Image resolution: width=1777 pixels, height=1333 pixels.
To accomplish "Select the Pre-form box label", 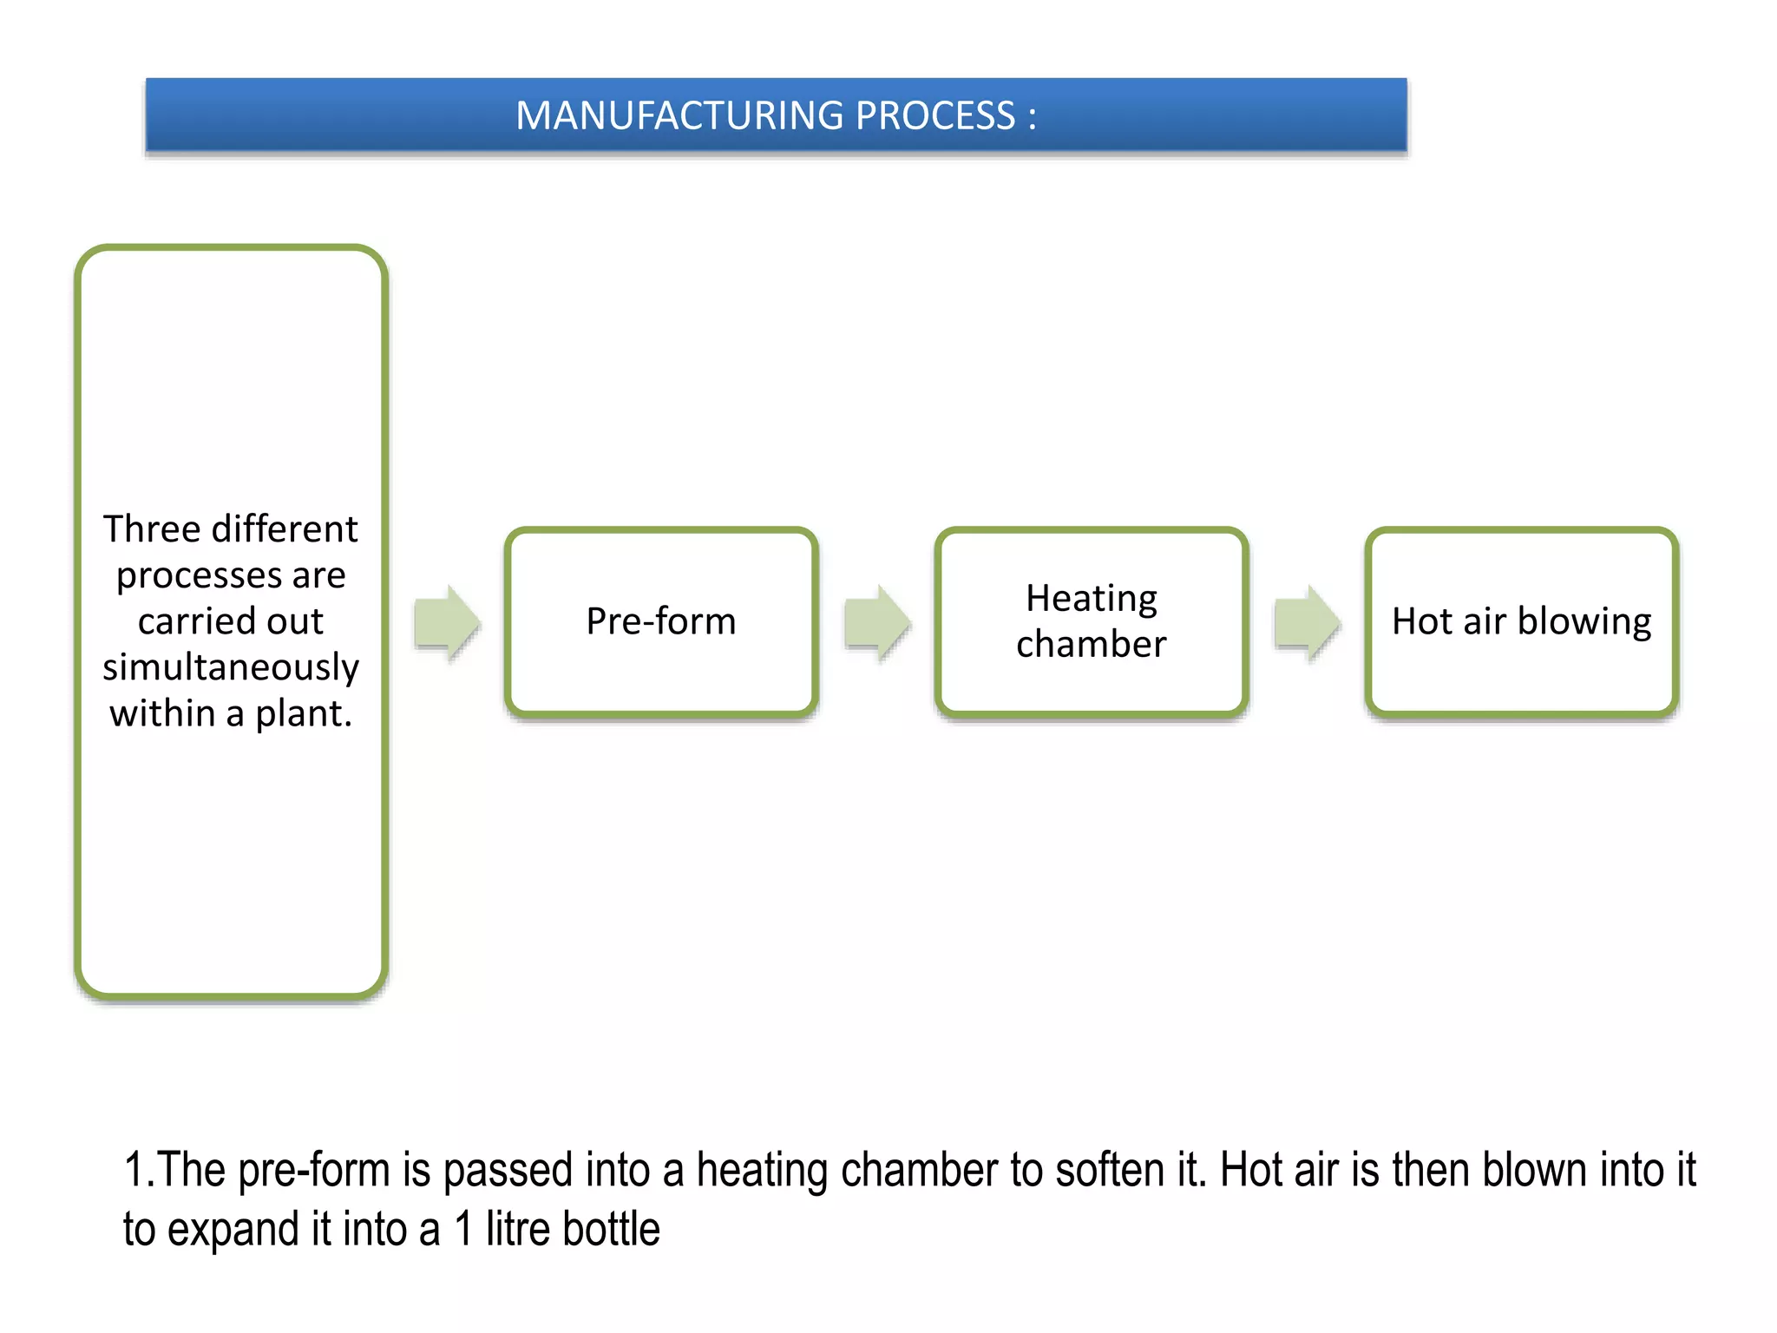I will (660, 621).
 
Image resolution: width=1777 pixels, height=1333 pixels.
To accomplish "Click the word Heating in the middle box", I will (1091, 598).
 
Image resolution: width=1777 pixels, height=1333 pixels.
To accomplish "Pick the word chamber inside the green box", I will (1091, 644).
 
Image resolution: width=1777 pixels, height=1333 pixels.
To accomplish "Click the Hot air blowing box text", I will (1521, 621).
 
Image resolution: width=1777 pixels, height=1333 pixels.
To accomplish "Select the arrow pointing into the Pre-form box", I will (447, 622).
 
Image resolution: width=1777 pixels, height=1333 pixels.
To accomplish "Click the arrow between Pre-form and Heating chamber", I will (876, 622).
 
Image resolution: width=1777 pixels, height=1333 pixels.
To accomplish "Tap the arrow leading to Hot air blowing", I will (1307, 622).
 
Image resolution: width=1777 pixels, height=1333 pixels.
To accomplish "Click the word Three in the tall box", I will (152, 529).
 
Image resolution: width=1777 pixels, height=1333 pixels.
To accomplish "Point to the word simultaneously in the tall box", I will (231, 667).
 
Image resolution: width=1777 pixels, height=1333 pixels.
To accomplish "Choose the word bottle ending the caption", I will (611, 1229).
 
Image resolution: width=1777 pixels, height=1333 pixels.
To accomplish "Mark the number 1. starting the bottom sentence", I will (139, 1170).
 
